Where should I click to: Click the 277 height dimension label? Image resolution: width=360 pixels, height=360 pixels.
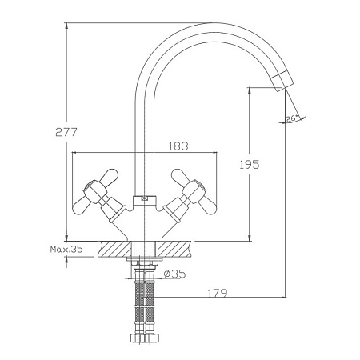point(66,132)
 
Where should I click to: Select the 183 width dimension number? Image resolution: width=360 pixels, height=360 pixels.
point(178,146)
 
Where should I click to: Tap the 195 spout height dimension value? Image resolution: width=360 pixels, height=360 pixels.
point(249,165)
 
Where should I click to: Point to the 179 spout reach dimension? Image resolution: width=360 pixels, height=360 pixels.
point(218,293)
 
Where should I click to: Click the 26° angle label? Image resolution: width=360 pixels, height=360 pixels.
point(292,118)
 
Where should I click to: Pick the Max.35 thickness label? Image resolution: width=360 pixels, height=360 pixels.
point(66,249)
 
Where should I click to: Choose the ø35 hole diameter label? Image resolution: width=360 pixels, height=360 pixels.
point(174,274)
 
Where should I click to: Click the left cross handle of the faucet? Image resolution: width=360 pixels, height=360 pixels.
point(95,193)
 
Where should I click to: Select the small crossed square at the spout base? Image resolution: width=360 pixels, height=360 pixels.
point(144,198)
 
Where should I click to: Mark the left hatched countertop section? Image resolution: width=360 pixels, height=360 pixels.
point(115,249)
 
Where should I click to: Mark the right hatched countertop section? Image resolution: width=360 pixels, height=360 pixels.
point(174,249)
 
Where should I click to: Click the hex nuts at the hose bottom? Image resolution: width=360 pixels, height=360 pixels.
point(145,338)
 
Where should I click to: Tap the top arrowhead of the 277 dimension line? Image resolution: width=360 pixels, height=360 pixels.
point(66,25)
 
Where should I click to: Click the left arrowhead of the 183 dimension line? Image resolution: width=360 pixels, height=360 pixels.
point(75,153)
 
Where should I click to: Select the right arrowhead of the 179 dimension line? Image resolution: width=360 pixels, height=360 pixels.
point(283,297)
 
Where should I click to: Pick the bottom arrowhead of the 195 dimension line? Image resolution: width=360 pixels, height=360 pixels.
point(250,238)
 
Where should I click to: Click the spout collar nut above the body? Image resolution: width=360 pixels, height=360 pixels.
point(144,201)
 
